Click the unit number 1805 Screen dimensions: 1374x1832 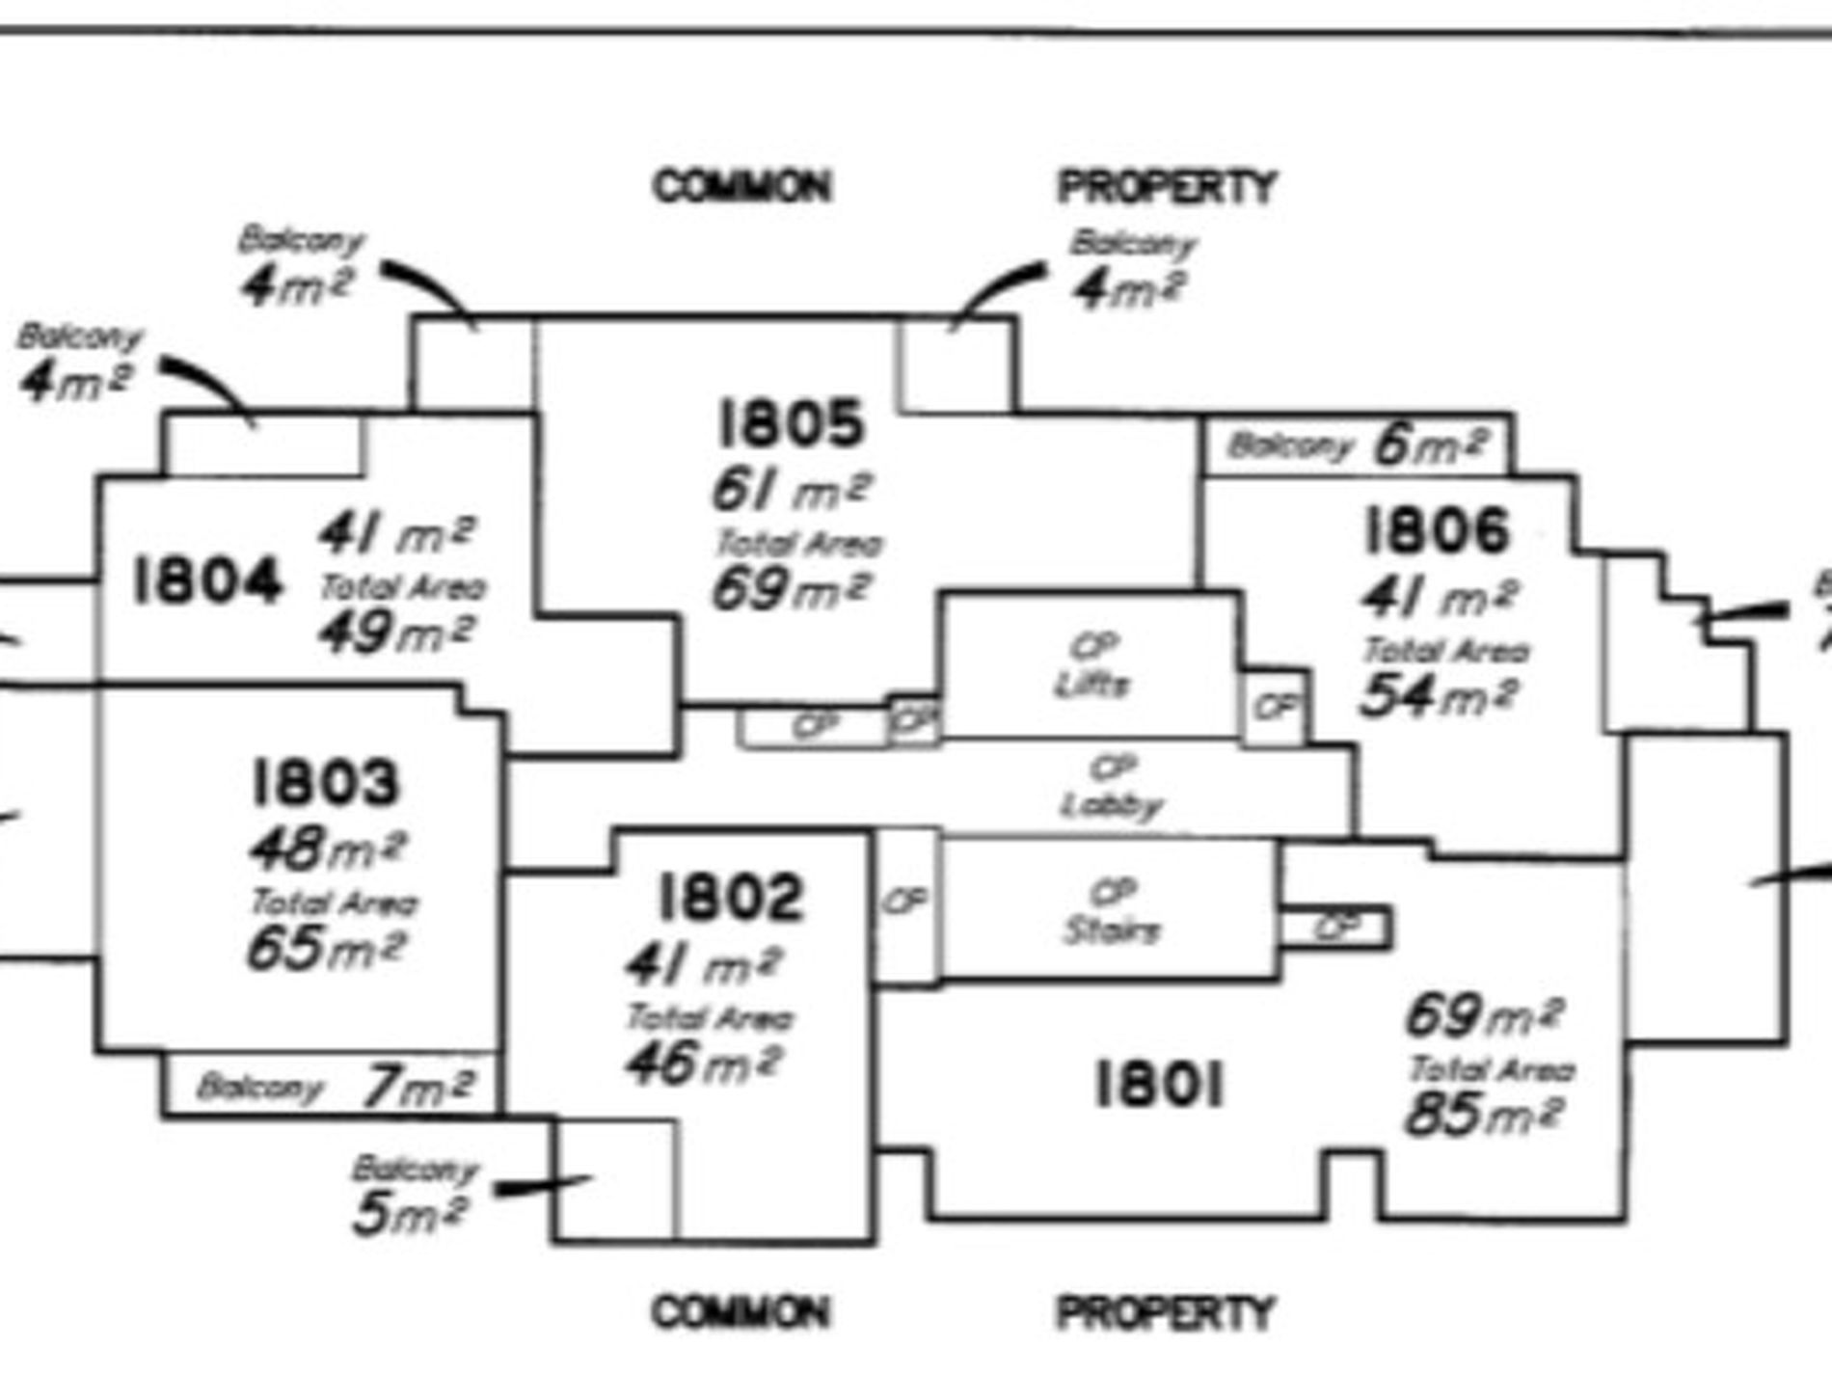coord(791,423)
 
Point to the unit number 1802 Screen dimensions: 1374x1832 coord(729,897)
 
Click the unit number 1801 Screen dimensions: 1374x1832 coord(1160,1085)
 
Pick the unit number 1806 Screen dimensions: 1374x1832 coord(1437,531)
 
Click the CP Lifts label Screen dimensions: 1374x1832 coord(1091,665)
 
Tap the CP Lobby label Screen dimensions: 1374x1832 coord(1112,787)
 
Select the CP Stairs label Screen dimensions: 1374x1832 coord(1112,911)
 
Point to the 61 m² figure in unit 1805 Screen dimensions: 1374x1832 coord(791,490)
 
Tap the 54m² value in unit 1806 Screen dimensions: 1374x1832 coord(1439,695)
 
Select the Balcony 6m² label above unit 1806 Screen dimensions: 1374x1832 coord(1357,445)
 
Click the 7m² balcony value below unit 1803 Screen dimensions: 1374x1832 coord(418,1088)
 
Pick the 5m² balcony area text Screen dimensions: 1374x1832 coord(410,1213)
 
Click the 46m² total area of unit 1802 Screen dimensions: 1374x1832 coord(703,1064)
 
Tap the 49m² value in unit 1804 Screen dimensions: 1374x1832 coord(396,633)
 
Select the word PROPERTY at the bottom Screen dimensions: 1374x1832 coord(1165,1312)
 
